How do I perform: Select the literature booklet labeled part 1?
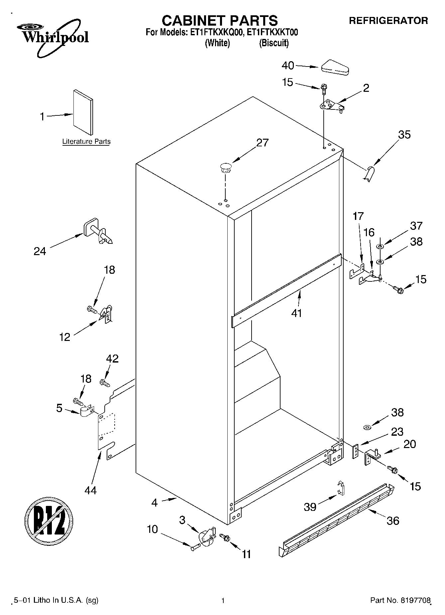tap(83, 112)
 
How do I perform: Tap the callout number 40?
tap(288, 66)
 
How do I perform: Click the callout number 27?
tap(262, 142)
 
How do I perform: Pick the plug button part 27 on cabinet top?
tap(226, 167)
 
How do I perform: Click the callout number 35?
tap(404, 134)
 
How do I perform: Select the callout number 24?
tap(40, 251)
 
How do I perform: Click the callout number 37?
tap(416, 226)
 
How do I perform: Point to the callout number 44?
tap(90, 490)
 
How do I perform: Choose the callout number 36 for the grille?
tap(393, 521)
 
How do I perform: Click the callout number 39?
tap(310, 507)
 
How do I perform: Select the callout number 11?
tap(246, 554)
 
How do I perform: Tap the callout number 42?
tap(112, 359)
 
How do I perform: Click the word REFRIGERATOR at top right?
tap(388, 21)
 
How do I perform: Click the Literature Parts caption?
tap(86, 142)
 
